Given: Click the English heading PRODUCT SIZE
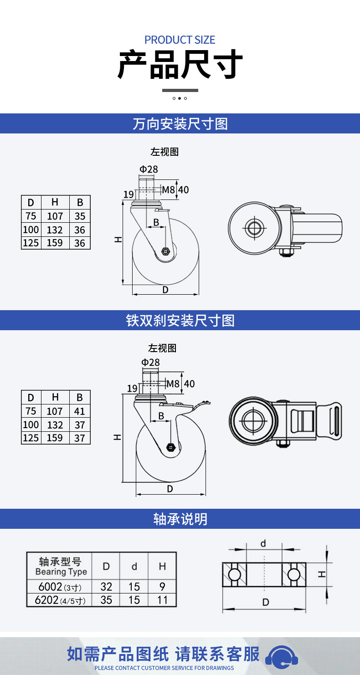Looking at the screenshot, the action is [180, 40].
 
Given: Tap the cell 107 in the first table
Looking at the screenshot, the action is [55, 216].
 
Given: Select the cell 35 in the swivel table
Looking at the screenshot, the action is [80, 216].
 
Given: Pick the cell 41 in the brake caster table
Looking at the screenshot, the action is [80, 411].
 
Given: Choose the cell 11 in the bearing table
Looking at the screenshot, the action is [162, 600].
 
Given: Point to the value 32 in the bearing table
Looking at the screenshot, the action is [106, 587].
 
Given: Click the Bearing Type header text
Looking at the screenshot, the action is [61, 572].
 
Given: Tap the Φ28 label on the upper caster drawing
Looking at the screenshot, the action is [149, 169].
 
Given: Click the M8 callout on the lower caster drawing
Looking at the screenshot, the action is [173, 384].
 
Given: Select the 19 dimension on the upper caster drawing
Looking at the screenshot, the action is [129, 194].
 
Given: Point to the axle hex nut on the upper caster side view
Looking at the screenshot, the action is [165, 251].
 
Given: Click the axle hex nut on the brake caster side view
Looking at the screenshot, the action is [170, 447].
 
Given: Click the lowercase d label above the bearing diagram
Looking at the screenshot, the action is [263, 544].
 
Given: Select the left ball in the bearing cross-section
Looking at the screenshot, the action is [234, 574].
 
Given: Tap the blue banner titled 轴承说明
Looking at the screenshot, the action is [180, 519].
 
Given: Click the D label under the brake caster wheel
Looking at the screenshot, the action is [170, 489].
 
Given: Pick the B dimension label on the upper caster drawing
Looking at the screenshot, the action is [156, 222].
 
